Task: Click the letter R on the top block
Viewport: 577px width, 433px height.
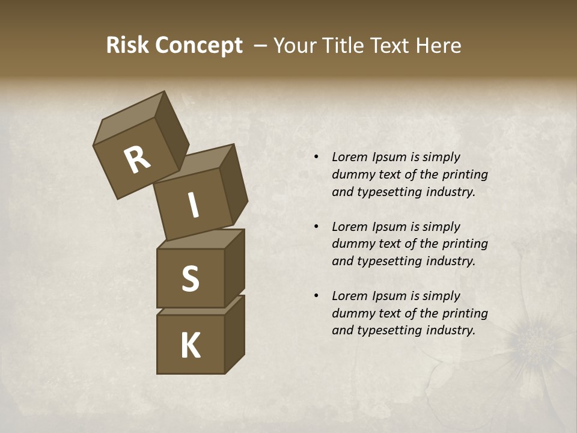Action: point(137,160)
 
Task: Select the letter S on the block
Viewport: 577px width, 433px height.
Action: point(190,278)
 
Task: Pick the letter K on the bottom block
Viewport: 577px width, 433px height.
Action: point(190,346)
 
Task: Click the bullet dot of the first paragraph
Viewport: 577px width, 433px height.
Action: point(316,157)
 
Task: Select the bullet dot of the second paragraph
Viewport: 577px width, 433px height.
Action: point(316,227)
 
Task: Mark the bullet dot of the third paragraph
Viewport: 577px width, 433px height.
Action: point(316,296)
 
